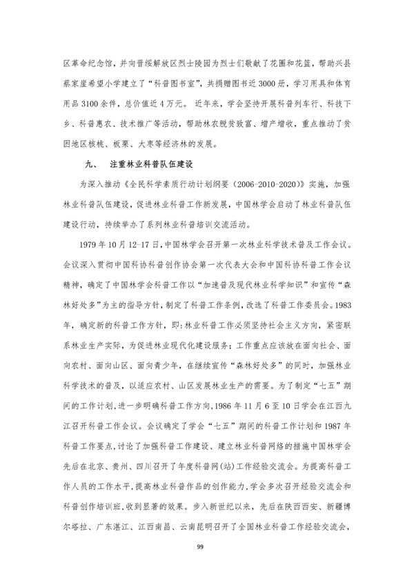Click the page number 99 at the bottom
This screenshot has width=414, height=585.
tap(207, 547)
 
